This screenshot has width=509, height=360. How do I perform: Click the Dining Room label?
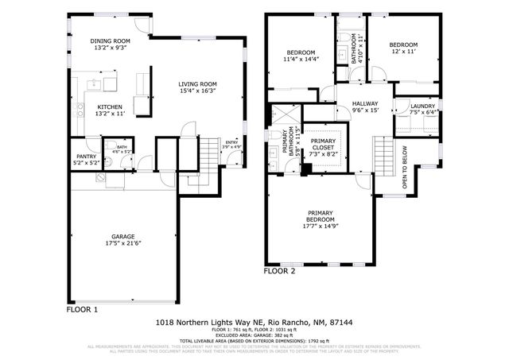(x=110, y=41)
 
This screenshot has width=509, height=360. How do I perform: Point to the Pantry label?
(x=87, y=157)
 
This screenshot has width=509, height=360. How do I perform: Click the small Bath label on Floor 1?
(x=122, y=147)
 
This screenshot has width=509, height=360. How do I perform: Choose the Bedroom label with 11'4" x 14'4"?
(x=301, y=52)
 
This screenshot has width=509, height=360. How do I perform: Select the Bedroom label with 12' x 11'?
(x=403, y=45)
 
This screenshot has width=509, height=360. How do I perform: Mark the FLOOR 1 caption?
(x=82, y=309)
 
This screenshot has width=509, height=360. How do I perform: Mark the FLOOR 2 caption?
(x=279, y=271)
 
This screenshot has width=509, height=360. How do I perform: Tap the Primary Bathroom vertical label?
(x=287, y=143)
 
